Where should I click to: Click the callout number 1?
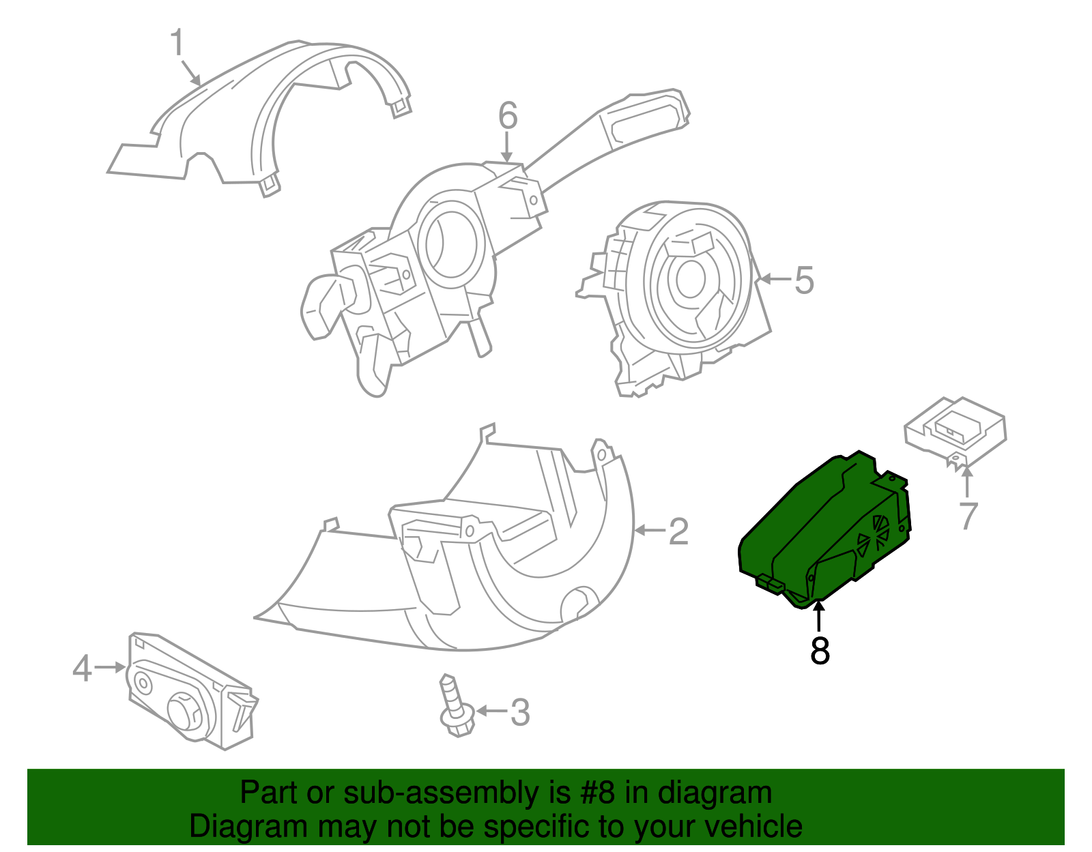coord(177,43)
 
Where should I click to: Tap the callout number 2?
coord(678,531)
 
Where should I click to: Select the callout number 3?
coord(520,712)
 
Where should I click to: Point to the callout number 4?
coord(82,669)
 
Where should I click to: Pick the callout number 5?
coord(804,280)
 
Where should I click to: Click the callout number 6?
coord(507,116)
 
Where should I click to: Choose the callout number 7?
coord(968,516)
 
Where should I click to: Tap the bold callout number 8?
coord(820,651)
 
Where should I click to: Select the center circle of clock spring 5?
coord(690,278)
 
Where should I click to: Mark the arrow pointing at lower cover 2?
coord(648,530)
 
